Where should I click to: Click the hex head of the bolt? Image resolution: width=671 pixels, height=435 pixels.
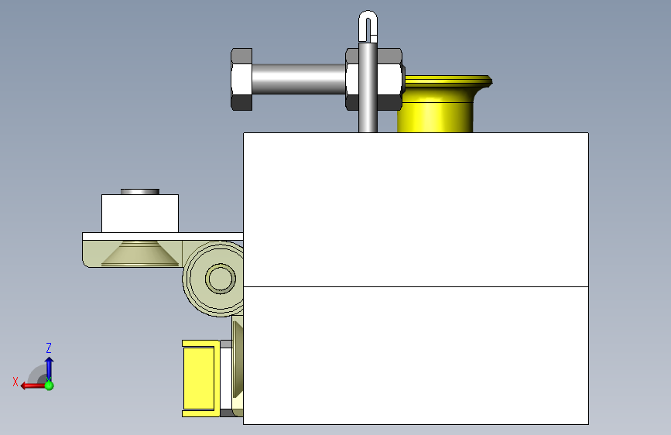click(x=241, y=79)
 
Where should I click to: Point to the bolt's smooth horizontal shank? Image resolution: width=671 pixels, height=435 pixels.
click(x=299, y=79)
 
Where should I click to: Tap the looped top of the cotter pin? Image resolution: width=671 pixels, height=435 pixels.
click(x=368, y=23)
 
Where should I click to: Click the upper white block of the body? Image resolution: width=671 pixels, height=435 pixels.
click(x=416, y=209)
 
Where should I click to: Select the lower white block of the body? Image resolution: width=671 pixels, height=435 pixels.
click(x=416, y=355)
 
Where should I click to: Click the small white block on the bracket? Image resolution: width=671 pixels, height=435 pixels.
click(x=140, y=214)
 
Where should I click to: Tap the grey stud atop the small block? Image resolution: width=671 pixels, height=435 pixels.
click(x=140, y=192)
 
